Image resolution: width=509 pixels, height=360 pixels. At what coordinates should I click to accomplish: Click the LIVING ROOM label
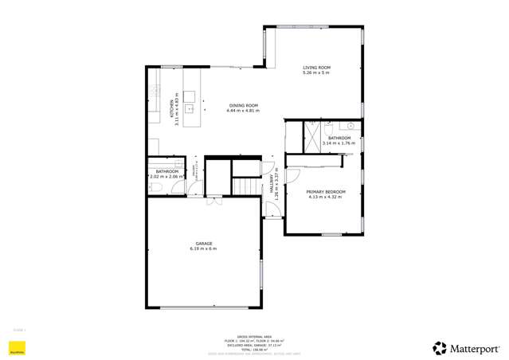coord(315,67)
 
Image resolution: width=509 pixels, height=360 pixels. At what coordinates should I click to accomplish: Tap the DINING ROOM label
coord(244,105)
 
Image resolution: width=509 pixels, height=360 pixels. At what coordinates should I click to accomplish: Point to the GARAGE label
coord(203,243)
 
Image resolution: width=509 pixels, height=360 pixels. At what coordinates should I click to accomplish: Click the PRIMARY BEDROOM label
coord(323,191)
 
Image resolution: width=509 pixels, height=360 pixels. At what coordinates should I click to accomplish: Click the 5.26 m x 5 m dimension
coord(315,72)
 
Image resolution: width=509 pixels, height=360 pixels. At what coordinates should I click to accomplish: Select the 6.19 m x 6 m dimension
coord(203,248)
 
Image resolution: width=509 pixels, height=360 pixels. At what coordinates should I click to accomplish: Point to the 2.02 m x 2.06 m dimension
coord(166,176)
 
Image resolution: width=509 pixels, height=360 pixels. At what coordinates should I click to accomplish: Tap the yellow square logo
coord(14,347)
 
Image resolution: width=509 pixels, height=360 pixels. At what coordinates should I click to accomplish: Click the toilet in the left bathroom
coord(156,187)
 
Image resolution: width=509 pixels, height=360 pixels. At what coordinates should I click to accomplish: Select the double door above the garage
coord(213,198)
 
